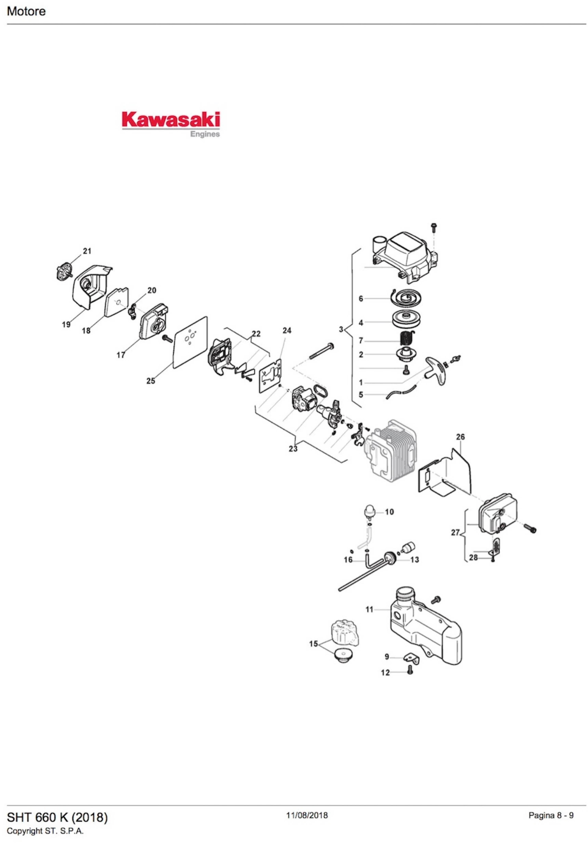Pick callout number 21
[87, 251]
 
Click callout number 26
[460, 437]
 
